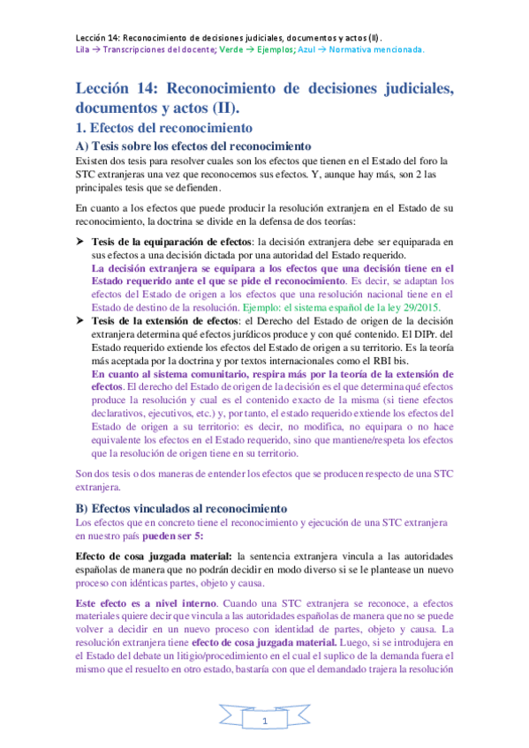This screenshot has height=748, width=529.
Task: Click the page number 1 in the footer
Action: [x=264, y=722]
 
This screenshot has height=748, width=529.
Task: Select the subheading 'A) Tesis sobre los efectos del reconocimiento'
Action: [x=193, y=146]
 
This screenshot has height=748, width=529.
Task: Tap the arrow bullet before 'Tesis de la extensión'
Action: [x=78, y=320]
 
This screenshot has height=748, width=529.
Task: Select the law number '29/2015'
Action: [x=421, y=307]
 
